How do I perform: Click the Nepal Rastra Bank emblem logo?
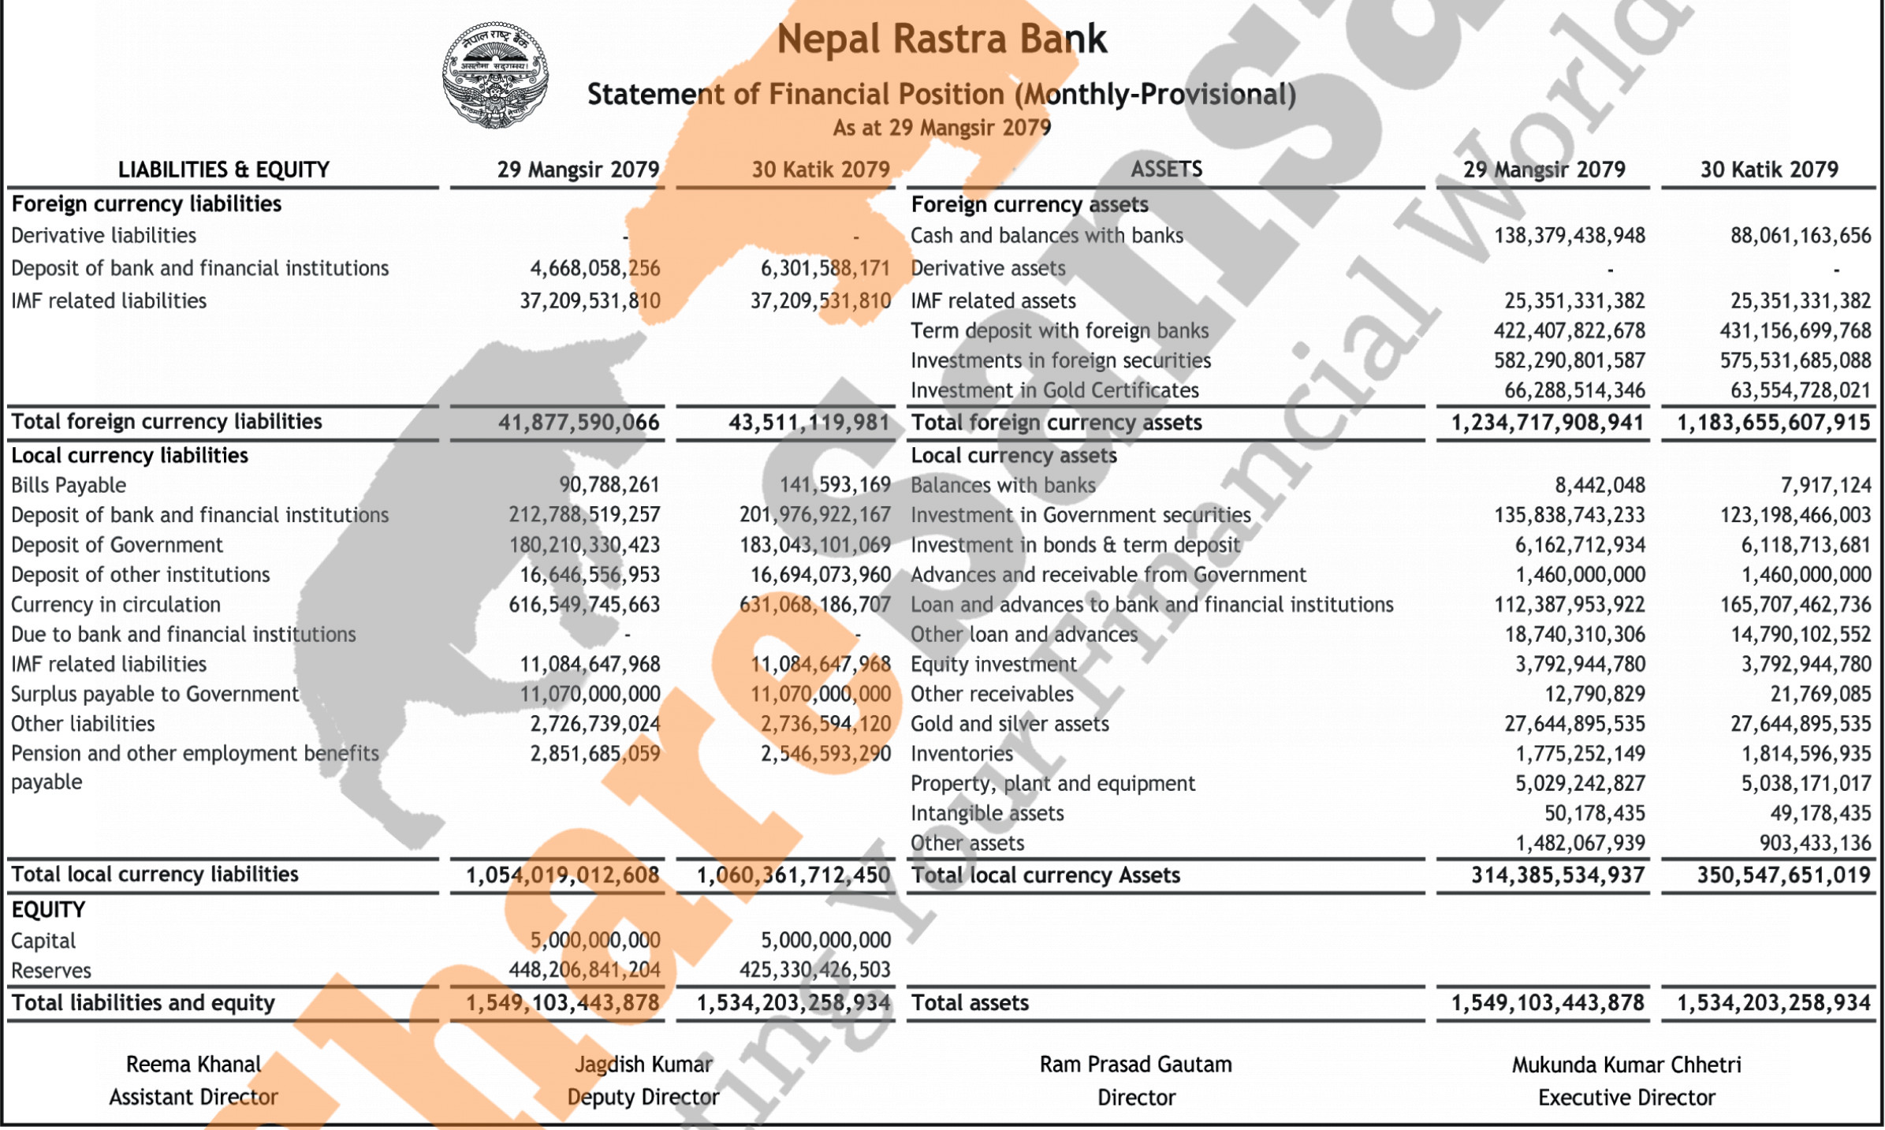tap(495, 75)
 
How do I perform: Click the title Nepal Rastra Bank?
tap(941, 39)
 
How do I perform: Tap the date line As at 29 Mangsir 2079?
tap(941, 128)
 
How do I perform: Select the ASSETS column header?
tap(1166, 170)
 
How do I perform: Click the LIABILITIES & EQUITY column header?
tap(223, 170)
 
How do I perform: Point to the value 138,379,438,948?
tap(1569, 236)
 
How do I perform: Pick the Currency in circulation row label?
tap(116, 605)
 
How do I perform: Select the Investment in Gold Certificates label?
tap(1054, 390)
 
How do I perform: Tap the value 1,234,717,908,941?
tap(1547, 423)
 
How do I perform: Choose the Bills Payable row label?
tap(69, 485)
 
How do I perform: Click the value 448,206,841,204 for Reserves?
tap(584, 970)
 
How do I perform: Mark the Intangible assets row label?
tap(987, 813)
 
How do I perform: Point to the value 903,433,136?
tap(1815, 843)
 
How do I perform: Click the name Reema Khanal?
tap(193, 1065)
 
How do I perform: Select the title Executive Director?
tap(1626, 1098)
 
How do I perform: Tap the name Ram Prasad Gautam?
tap(1135, 1065)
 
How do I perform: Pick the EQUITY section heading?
tap(48, 910)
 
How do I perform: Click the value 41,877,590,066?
tap(578, 423)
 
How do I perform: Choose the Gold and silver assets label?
tap(1009, 724)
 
